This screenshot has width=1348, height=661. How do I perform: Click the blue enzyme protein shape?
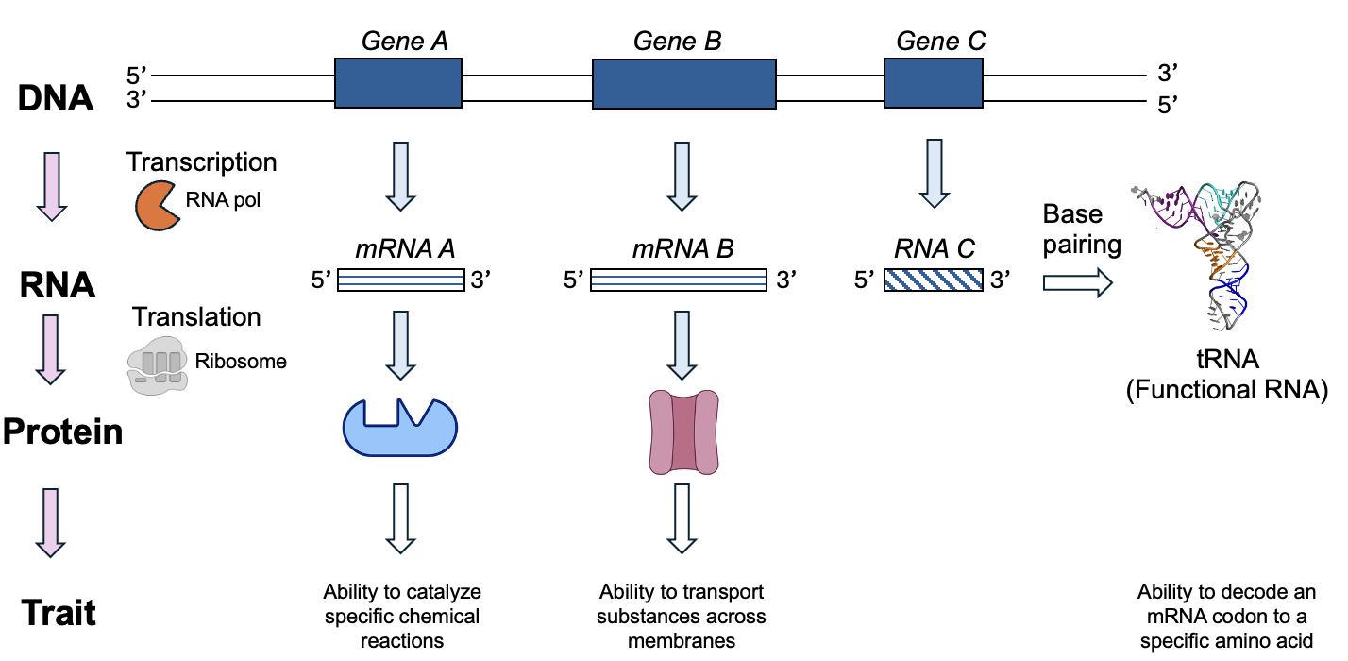coord(398,430)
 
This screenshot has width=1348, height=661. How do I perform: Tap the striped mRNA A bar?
coord(400,280)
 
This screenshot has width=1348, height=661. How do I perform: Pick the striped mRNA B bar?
coord(677,280)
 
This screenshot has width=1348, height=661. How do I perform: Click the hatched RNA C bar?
coord(934,280)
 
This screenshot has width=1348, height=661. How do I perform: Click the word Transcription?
coord(202,162)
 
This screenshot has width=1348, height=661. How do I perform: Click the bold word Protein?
coord(62,432)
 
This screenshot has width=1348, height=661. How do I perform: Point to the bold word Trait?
coord(59,613)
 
